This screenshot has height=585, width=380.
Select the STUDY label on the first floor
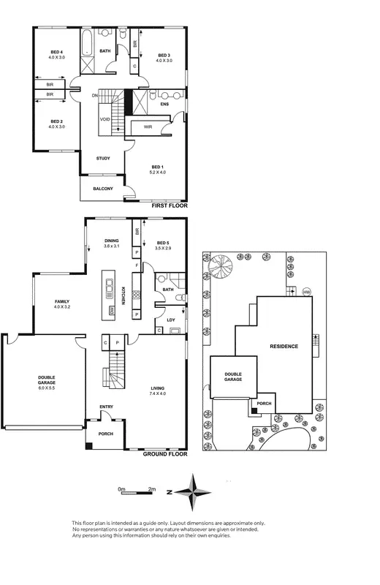pos(104,158)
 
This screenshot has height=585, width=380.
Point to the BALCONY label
pos(102,189)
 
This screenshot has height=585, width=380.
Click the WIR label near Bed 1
pos(148,127)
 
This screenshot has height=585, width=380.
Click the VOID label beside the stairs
pos(104,119)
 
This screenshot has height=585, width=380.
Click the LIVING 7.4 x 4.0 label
pos(158,391)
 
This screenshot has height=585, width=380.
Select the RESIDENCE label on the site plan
pos(284,346)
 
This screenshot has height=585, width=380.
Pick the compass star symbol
pos(192,492)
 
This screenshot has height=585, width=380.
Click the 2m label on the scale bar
pos(152,488)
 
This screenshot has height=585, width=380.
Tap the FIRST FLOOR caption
pos(170,206)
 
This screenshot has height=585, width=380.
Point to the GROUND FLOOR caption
pos(166,453)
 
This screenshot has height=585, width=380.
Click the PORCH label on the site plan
pos(263,403)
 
